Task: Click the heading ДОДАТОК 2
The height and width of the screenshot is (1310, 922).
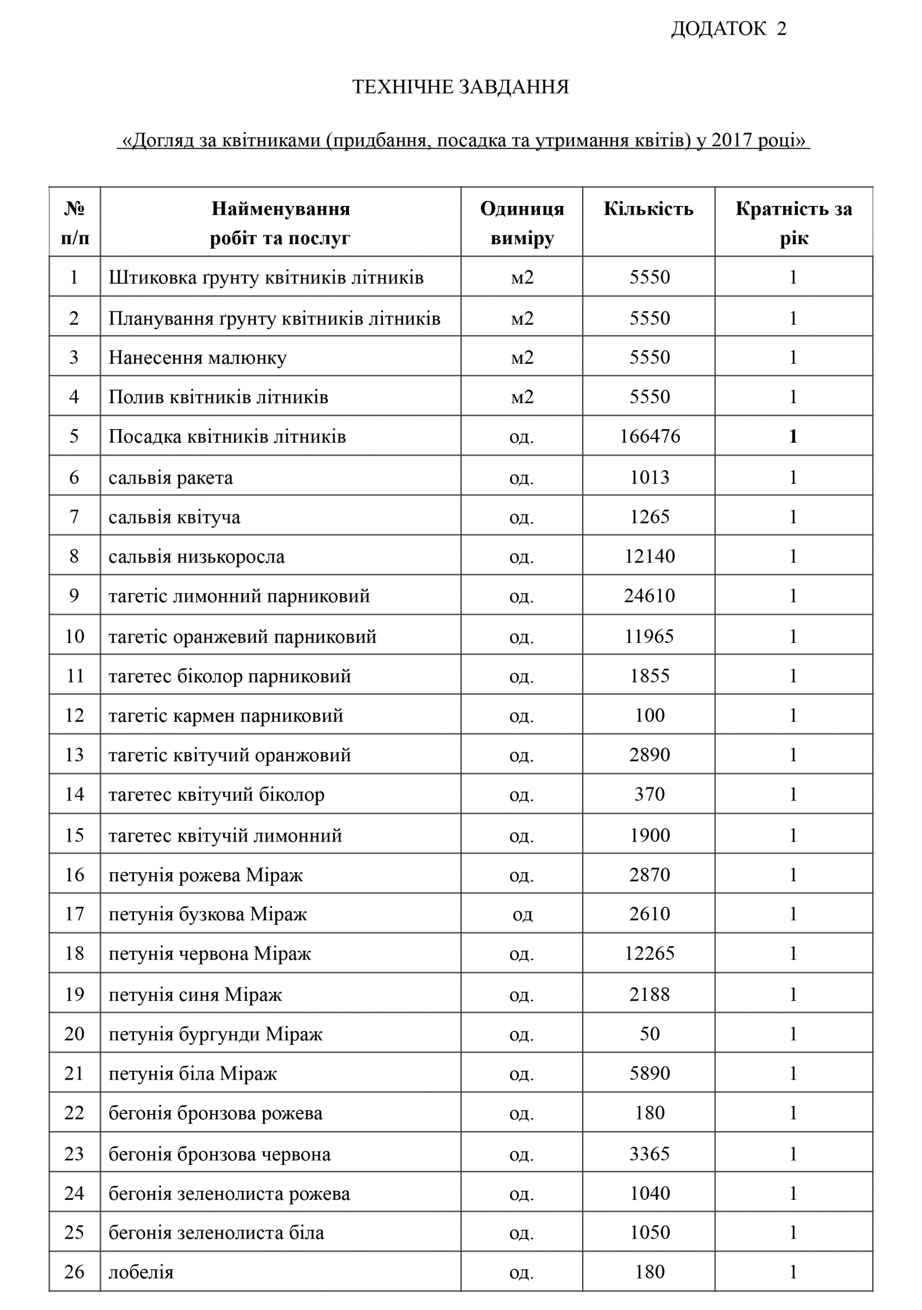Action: tap(728, 29)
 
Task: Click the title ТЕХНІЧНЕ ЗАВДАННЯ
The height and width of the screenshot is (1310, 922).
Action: tap(460, 87)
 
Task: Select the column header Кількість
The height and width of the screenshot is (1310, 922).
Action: tap(648, 210)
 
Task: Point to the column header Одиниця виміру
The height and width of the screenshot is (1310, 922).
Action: tap(522, 223)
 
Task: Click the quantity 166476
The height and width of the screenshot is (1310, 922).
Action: tap(650, 436)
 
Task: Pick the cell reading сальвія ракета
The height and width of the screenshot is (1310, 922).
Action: tap(171, 478)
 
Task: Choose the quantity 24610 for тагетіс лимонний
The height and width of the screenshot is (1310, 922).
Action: tap(650, 596)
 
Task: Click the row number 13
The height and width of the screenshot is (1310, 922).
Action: tap(74, 754)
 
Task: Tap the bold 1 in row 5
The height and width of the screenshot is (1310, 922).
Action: tap(793, 436)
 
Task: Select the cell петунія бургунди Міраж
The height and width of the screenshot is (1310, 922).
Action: tap(215, 1034)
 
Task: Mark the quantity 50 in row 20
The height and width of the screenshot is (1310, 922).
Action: tap(650, 1033)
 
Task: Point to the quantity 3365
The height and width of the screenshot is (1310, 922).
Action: tap(650, 1154)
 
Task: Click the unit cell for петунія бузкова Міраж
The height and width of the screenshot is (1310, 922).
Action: tap(522, 914)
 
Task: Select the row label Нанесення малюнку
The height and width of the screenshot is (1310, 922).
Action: tap(197, 358)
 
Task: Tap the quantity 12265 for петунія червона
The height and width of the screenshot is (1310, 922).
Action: tap(650, 953)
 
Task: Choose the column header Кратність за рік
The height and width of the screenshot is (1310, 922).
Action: tap(794, 223)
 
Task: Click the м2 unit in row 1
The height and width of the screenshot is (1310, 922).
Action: tap(522, 277)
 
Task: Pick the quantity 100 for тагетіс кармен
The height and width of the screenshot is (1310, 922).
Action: tap(650, 715)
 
